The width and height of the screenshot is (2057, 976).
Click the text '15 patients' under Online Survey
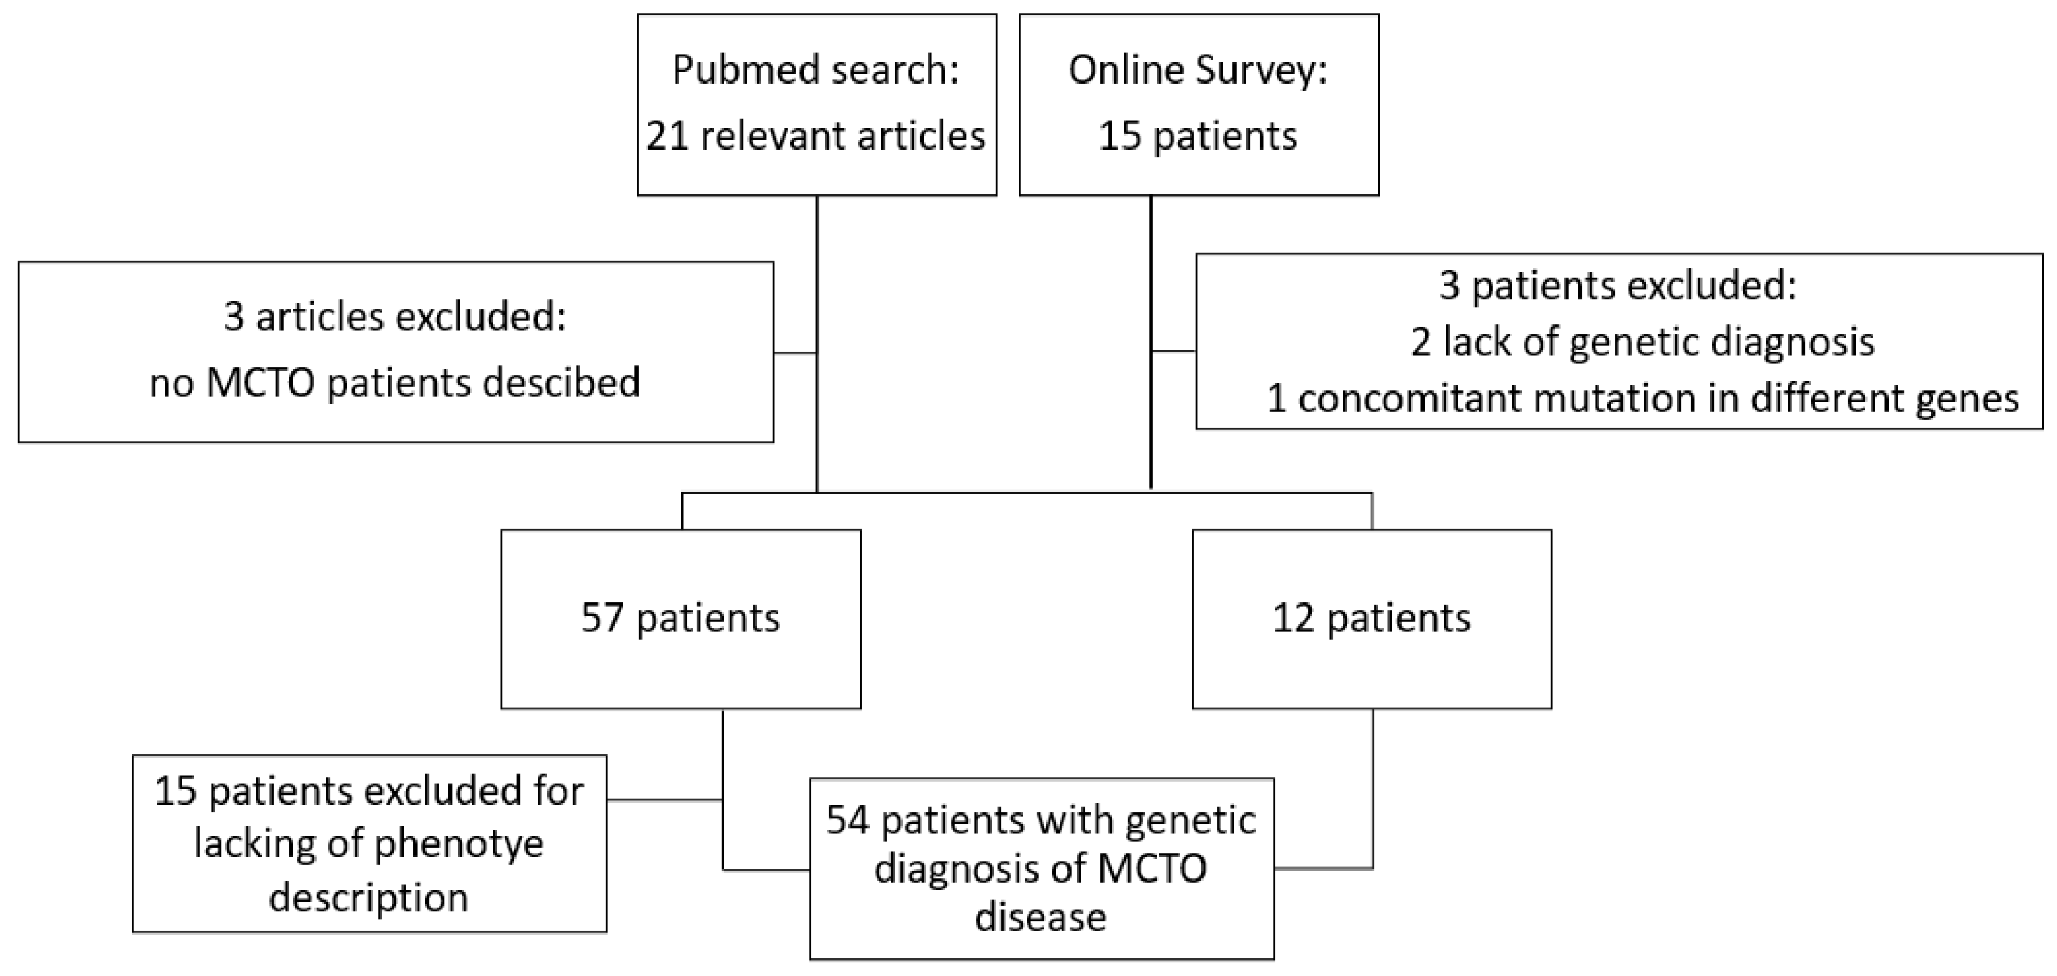tap(1198, 136)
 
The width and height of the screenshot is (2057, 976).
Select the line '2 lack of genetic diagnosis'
tap(1642, 342)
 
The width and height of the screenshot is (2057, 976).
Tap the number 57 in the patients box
tap(601, 618)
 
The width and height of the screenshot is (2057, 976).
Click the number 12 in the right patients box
tap(1293, 618)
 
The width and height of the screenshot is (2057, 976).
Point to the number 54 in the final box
tap(847, 820)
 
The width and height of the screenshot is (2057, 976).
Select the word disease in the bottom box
tap(1041, 917)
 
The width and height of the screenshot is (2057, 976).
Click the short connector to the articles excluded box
tap(794, 352)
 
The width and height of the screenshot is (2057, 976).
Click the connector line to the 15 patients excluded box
tap(665, 800)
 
